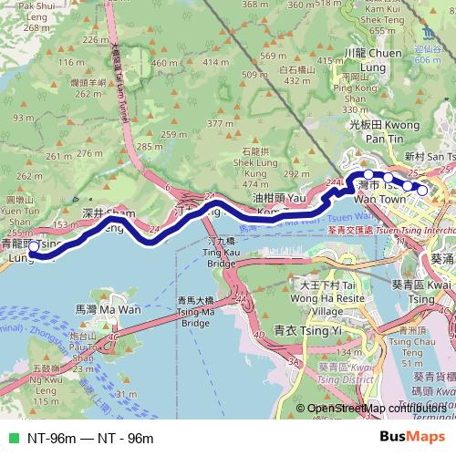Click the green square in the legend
pos(11,439)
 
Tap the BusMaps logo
pos(412,438)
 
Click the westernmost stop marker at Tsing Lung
pos(34,245)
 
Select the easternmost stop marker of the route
pos(422,190)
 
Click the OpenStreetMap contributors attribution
pos(377,408)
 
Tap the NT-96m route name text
pos(90,439)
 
